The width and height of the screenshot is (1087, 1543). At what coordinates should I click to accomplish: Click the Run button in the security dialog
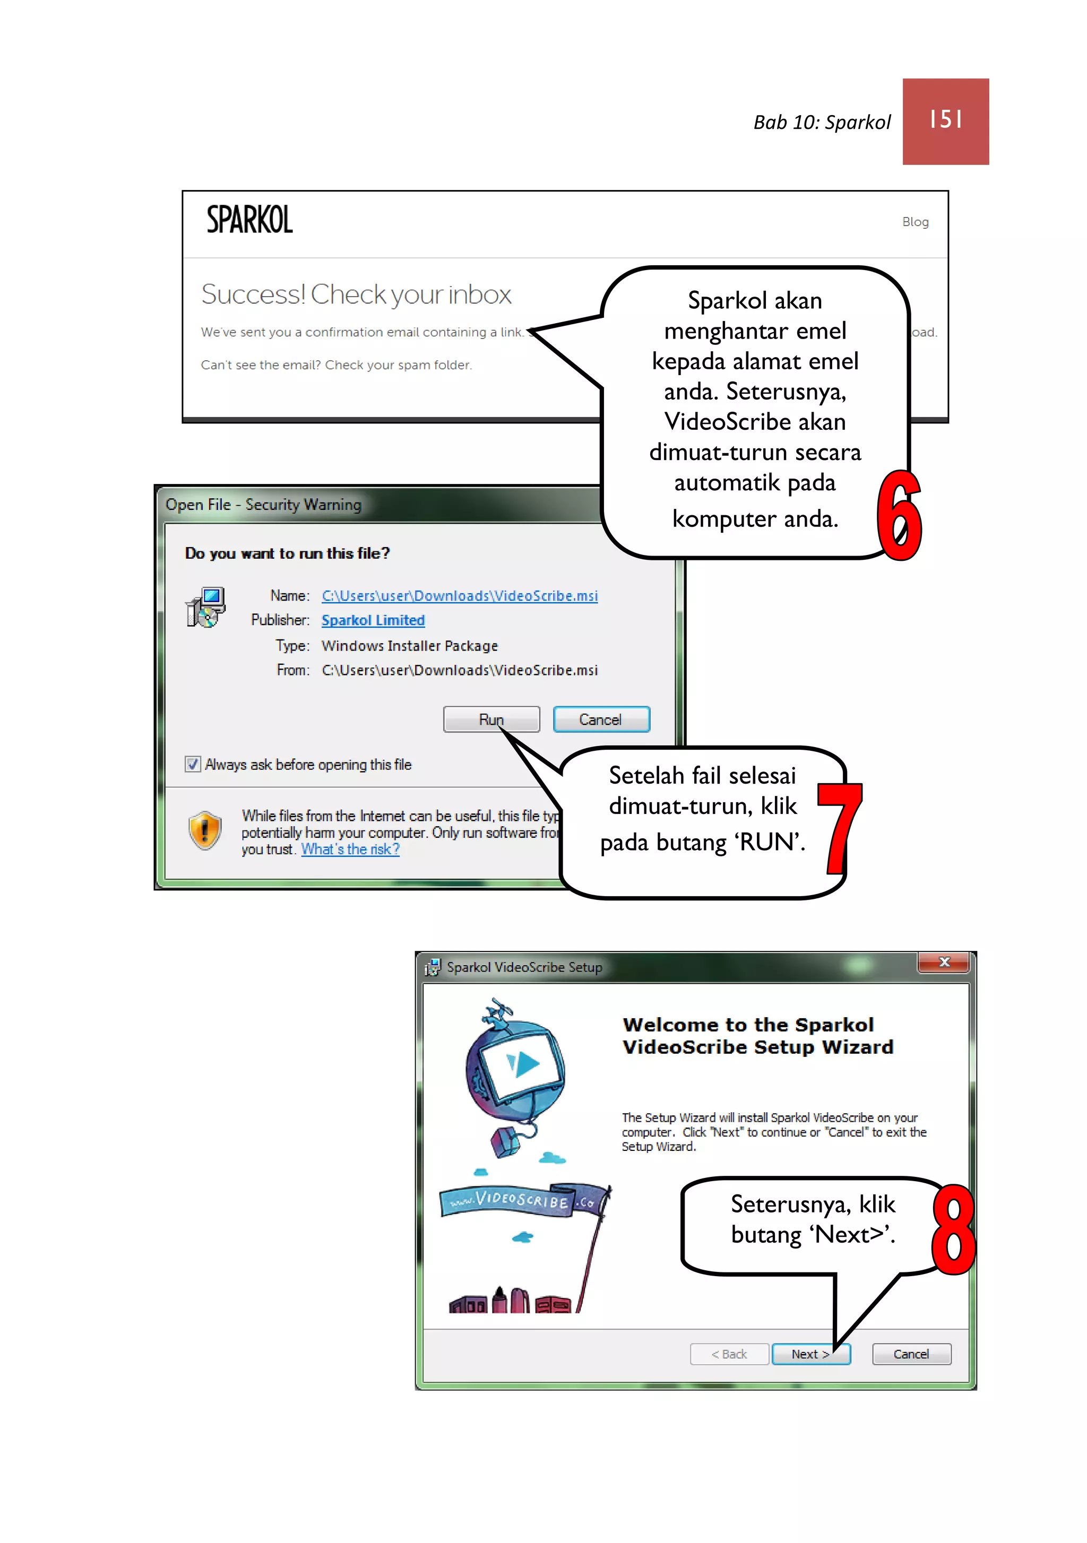(x=491, y=719)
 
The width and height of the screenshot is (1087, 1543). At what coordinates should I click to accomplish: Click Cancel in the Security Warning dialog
(x=601, y=719)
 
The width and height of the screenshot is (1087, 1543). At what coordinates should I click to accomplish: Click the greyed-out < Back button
(x=729, y=1354)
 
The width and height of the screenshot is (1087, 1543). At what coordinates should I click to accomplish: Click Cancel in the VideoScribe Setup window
(x=911, y=1354)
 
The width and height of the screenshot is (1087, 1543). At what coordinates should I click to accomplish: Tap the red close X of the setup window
(x=944, y=963)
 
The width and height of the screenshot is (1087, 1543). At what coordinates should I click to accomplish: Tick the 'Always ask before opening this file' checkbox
(x=193, y=764)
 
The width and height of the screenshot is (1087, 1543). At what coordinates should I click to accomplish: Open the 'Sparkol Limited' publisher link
(x=373, y=620)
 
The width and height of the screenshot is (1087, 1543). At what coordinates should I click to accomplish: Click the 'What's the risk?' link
(x=350, y=849)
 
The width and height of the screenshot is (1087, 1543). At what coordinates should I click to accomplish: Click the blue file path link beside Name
(x=460, y=595)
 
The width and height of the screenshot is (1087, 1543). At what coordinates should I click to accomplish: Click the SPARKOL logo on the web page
(x=249, y=220)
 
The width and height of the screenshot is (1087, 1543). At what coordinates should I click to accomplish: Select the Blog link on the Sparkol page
(x=915, y=222)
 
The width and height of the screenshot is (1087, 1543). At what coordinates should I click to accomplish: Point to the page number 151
(x=946, y=119)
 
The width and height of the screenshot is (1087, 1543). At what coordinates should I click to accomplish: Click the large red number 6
(x=900, y=515)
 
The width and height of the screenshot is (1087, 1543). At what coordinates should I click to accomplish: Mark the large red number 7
(x=840, y=828)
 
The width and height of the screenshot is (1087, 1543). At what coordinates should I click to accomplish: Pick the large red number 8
(x=954, y=1230)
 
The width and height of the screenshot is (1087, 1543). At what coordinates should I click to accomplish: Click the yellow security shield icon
(x=205, y=830)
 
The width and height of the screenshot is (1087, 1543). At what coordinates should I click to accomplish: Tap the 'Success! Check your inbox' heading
(x=356, y=294)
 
